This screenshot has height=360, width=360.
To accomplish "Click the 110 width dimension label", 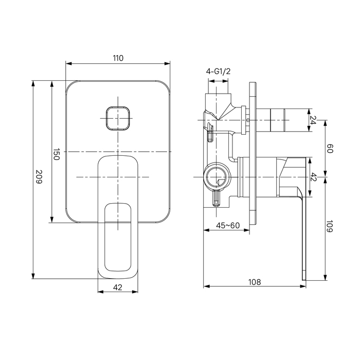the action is coord(118,58).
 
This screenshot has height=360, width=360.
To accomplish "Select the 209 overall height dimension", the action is coord(39,177).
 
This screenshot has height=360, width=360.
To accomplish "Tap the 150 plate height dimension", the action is coord(57,154).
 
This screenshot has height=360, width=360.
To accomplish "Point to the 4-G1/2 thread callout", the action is coord(218,71).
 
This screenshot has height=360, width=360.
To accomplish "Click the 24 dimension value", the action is coord(313,120).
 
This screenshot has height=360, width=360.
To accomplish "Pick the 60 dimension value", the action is coord(330,148).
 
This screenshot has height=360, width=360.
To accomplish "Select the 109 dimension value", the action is coord(330,226).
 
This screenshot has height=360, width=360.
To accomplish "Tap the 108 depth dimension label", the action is coord(255,282).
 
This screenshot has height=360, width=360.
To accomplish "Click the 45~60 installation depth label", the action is coord(228,225).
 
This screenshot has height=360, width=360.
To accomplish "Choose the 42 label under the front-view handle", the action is coord(118,287).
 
